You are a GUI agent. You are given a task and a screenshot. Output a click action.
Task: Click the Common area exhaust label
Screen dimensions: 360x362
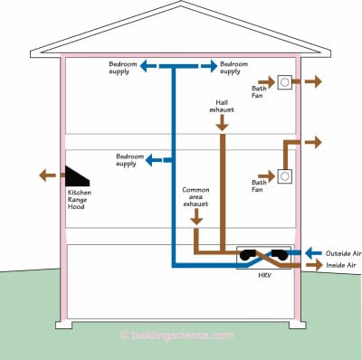[x=195, y=197]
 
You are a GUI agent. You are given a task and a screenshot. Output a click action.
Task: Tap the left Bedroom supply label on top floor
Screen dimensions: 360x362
[x=125, y=68]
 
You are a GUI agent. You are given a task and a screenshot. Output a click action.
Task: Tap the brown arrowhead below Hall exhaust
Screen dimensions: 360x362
[x=221, y=129]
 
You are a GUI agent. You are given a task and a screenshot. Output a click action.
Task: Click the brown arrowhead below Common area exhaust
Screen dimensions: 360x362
[x=195, y=223]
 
